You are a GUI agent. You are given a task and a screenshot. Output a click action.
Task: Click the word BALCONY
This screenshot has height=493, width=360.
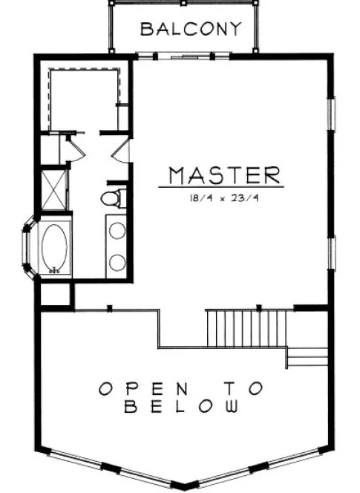pos(191,29)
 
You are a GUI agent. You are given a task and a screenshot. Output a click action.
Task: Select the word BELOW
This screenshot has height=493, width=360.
pos(182,407)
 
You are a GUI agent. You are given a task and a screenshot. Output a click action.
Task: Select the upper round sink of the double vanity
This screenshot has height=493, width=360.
pos(117,230)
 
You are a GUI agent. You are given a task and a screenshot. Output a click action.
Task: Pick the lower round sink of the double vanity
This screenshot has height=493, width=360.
pos(117,261)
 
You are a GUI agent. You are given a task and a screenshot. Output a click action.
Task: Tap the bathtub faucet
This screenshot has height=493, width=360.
pos(53,272)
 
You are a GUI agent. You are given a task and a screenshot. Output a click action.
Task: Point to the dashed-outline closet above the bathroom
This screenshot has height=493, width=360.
pos(84,98)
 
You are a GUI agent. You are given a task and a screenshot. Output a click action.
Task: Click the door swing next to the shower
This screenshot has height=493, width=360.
pos(76,148)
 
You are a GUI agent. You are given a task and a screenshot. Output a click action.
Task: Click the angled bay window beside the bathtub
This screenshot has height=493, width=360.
pos(28,249)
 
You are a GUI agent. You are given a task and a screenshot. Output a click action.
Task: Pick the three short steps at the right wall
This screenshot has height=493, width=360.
pos(307,356)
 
